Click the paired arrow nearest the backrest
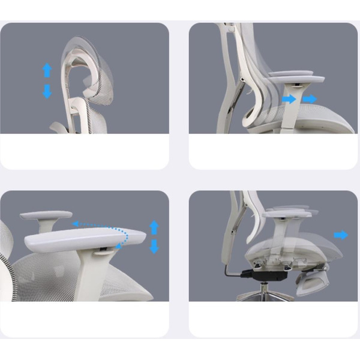(290, 99)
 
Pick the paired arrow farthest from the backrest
(310, 99)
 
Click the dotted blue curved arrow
(114, 231)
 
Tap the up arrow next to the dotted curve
(154, 227)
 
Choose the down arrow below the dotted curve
(154, 246)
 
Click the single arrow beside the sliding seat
(341, 235)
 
